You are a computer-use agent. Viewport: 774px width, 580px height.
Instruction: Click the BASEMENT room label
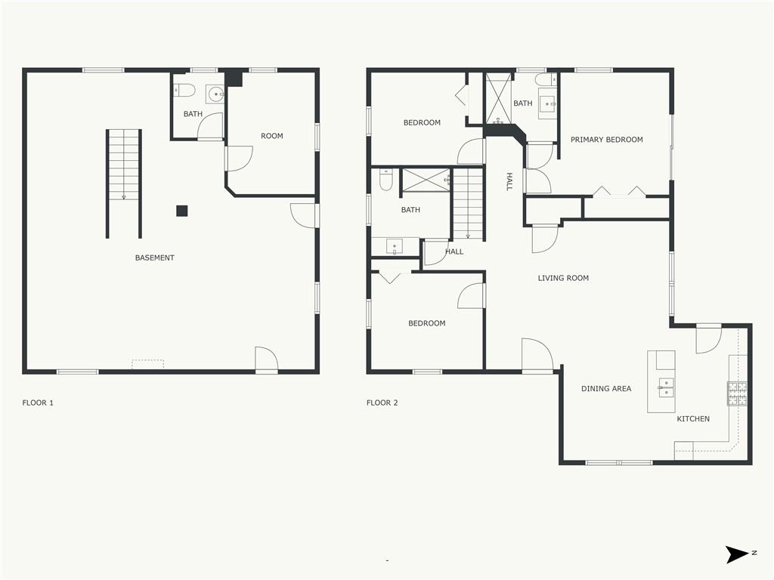[154, 258]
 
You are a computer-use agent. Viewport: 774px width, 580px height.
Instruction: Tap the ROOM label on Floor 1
[272, 136]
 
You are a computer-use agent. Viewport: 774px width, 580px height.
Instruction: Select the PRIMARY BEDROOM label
[607, 140]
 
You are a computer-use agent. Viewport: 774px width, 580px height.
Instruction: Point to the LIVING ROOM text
[563, 278]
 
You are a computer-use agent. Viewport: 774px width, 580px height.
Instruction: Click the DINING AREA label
[606, 389]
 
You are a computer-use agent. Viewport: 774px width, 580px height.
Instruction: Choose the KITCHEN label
[693, 418]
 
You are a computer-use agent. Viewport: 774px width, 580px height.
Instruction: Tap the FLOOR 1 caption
[38, 403]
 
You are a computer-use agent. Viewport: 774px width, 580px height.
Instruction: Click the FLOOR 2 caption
[382, 403]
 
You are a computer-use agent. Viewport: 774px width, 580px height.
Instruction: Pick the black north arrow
[736, 554]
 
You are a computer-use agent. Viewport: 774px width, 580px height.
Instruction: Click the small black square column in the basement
[182, 211]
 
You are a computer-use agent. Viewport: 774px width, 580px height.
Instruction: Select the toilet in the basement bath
[184, 91]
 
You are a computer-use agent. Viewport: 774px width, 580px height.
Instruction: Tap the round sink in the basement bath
[215, 94]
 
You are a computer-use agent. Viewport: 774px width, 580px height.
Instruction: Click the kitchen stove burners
[737, 393]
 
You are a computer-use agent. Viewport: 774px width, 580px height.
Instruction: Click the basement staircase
[124, 184]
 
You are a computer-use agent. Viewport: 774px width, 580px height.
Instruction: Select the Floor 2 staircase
[468, 204]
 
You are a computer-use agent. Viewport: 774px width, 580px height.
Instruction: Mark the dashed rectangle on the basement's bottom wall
[147, 364]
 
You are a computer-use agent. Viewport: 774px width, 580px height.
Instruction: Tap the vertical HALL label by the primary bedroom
[509, 181]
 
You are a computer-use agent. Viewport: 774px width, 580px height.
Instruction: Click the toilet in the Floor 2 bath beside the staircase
[385, 180]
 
